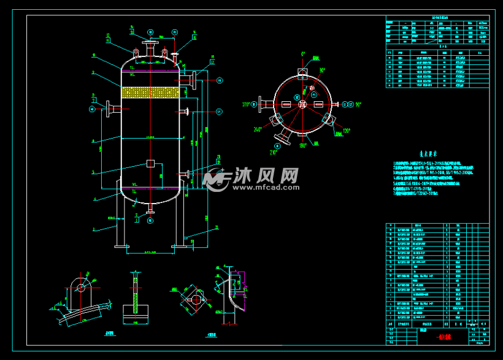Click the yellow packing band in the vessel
coord(150,93)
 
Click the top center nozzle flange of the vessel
coord(150,42)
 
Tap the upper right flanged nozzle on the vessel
coord(193,79)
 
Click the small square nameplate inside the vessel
coord(150,164)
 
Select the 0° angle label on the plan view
coord(302,54)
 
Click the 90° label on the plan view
coord(358,105)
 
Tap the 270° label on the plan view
coord(248,104)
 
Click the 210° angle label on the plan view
coord(274,151)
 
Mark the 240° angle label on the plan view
coord(257,129)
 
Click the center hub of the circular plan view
coord(302,104)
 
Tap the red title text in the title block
coord(424,337)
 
